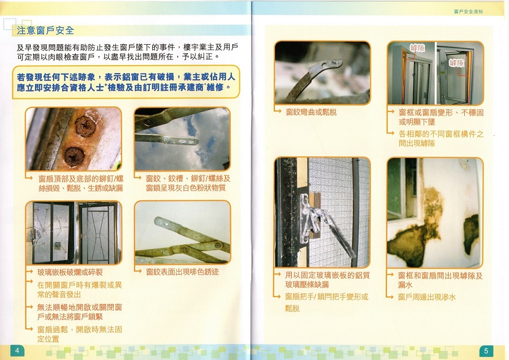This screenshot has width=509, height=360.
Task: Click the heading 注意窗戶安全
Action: tap(45, 31)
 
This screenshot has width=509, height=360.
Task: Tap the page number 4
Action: tap(17, 350)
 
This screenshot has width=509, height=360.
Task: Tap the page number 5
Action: tap(486, 351)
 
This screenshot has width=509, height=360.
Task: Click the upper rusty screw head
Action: tap(85, 126)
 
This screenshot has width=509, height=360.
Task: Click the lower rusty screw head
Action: tap(74, 156)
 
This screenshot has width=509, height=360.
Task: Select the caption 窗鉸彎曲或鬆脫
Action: tap(311, 113)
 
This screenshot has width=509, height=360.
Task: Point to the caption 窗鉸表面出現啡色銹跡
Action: tap(183, 272)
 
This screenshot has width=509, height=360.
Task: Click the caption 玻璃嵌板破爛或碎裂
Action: tap(70, 272)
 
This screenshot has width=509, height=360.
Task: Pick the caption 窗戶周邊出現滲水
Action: tap(427, 297)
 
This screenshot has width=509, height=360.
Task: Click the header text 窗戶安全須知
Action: tap(468, 11)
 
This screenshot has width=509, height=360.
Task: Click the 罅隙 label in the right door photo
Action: tap(456, 63)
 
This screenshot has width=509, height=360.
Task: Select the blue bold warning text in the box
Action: tap(126, 82)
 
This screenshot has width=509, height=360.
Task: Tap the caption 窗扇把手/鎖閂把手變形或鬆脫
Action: tap(326, 302)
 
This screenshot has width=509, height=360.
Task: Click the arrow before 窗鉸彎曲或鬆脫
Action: tap(278, 111)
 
